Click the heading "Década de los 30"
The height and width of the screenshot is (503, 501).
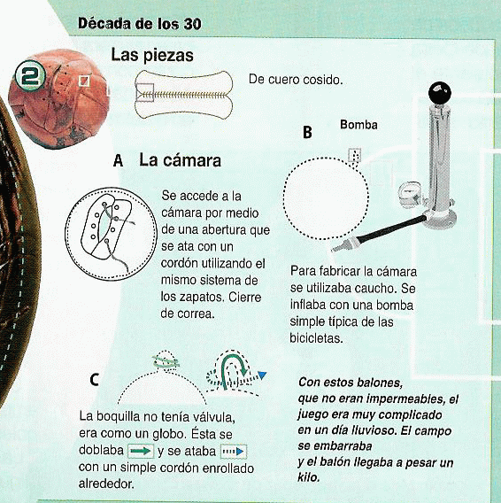pyautogui.click(x=140, y=24)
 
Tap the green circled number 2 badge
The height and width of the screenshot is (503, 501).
pyautogui.click(x=30, y=76)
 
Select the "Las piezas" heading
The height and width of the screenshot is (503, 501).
pyautogui.click(x=152, y=55)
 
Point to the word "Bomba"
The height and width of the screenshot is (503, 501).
pyautogui.click(x=358, y=125)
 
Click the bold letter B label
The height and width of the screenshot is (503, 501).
pyautogui.click(x=307, y=132)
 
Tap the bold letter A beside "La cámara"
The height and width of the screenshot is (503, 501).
pyautogui.click(x=118, y=160)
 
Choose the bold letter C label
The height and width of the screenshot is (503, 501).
pyautogui.click(x=94, y=380)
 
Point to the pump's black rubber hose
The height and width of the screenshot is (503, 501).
pyautogui.click(x=391, y=229)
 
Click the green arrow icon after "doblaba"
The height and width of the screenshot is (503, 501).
pyautogui.click(x=141, y=451)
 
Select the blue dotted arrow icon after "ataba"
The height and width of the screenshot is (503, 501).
pyautogui.click(x=234, y=452)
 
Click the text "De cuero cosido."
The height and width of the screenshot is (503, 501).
pyautogui.click(x=296, y=80)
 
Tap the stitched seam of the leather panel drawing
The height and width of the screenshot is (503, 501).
pyautogui.click(x=184, y=95)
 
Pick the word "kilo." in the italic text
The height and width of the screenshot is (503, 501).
pyautogui.click(x=309, y=477)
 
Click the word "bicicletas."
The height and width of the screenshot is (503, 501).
pyautogui.click(x=316, y=338)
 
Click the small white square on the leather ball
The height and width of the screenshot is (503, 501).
pyautogui.click(x=84, y=81)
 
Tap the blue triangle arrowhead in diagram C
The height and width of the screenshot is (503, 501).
pyautogui.click(x=262, y=375)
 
